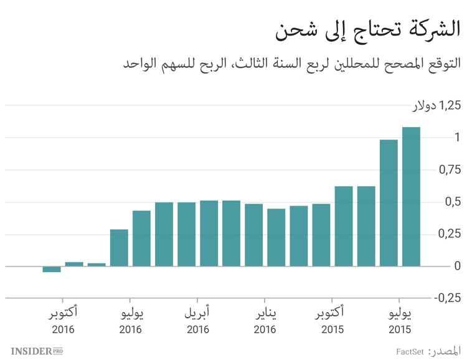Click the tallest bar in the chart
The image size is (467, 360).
411,196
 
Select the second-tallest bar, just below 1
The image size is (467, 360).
389,202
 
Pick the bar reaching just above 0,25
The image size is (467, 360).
119,247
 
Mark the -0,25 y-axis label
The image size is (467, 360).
448,298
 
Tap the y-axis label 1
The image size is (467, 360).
457,137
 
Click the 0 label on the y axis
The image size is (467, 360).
457,266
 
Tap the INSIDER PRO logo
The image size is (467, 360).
37,351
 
